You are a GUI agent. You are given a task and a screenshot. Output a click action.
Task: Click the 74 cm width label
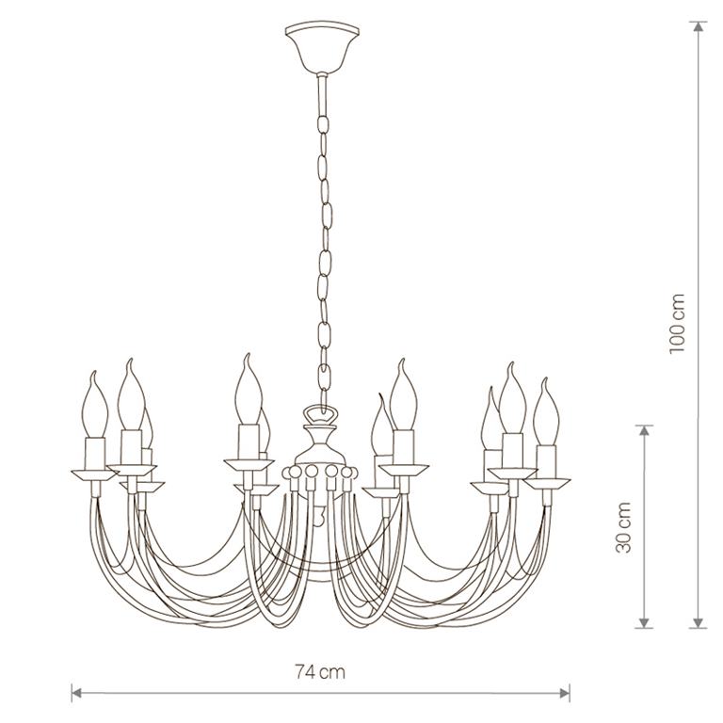tap(319, 672)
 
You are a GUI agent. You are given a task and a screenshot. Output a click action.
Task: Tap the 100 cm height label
tap(678, 323)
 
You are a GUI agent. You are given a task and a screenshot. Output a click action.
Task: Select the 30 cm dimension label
tap(623, 527)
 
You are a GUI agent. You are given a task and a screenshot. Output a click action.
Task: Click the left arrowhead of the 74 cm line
tap(77, 692)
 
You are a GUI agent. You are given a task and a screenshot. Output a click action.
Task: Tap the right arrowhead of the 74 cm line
tap(565, 692)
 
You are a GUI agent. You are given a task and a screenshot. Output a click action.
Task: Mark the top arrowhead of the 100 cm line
tap(699, 26)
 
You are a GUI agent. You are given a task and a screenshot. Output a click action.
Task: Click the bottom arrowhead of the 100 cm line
tap(699, 622)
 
